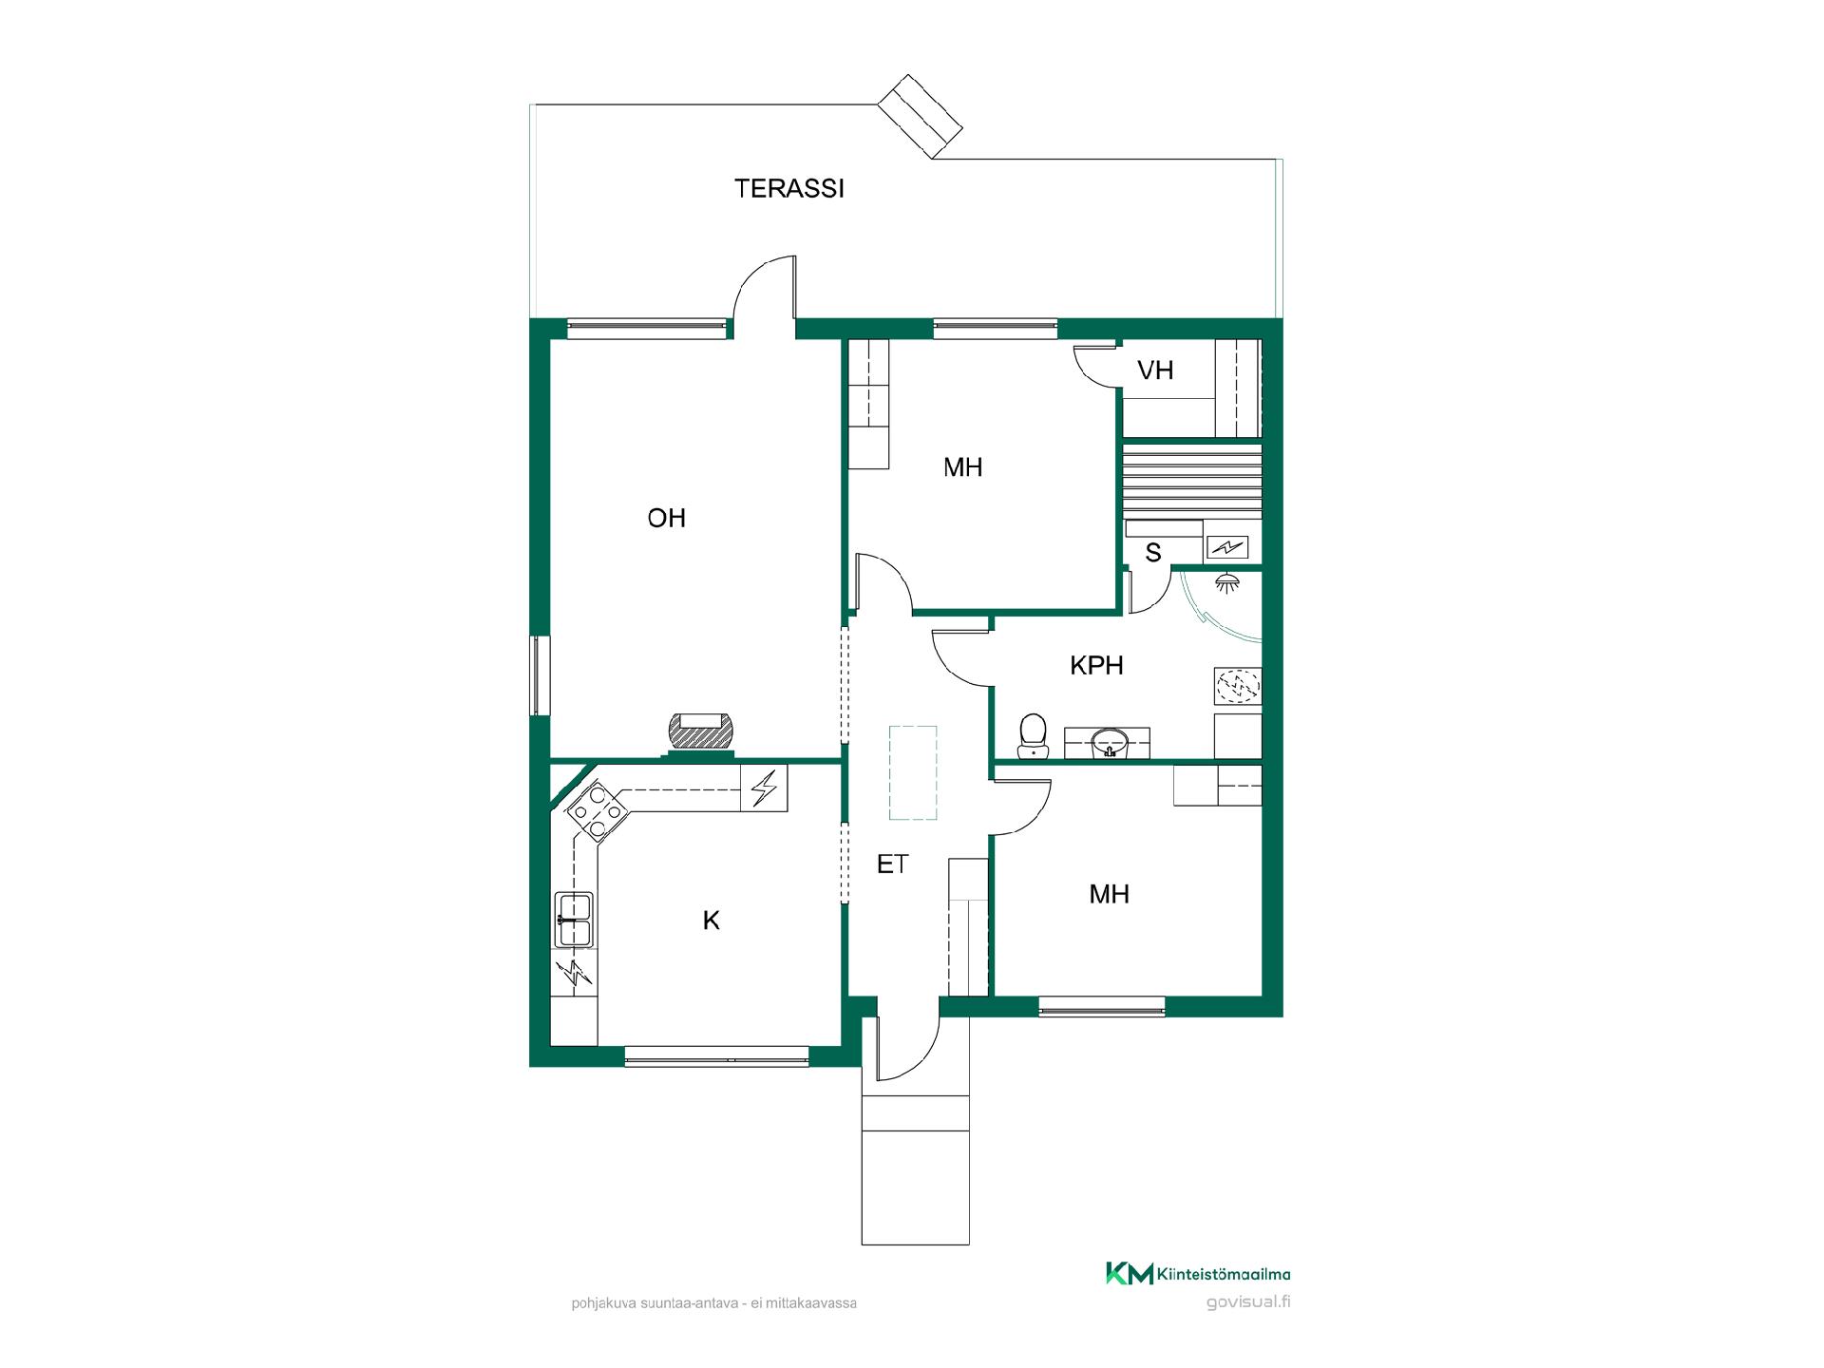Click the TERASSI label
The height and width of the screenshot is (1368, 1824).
tap(789, 189)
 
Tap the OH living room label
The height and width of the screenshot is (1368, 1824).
tap(667, 518)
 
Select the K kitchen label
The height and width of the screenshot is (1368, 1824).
tap(711, 921)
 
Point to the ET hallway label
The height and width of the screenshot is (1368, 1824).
tap(892, 864)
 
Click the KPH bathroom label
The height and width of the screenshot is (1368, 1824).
tap(1096, 666)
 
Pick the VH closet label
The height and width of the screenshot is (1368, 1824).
tap(1155, 370)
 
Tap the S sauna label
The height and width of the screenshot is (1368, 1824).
tap(1153, 553)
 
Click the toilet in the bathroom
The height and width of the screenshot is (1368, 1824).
tap(1033, 737)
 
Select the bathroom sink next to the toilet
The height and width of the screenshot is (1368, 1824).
tap(1107, 744)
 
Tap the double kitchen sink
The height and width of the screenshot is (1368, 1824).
tap(574, 920)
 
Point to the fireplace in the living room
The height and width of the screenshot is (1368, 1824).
tap(701, 734)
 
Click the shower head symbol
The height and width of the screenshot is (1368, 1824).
tap(1229, 582)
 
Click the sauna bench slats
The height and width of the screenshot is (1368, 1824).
tap(1192, 481)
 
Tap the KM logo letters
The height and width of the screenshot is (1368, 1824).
tap(1130, 1274)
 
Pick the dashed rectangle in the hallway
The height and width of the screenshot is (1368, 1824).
tap(913, 772)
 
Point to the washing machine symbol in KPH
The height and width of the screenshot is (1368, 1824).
tap(1237, 686)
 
